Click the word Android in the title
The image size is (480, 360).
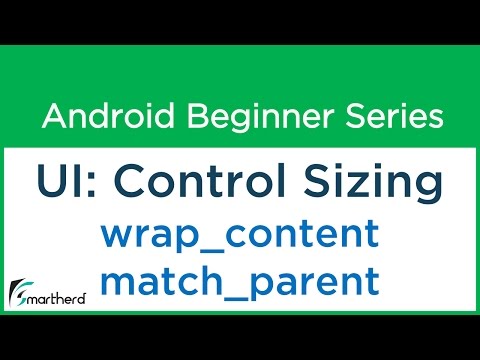click(x=98, y=117)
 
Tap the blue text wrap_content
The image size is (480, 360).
click(x=239, y=236)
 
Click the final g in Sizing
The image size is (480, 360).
click(x=425, y=193)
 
